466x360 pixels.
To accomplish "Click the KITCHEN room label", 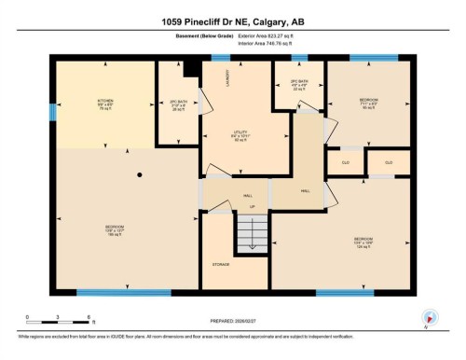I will tap(105, 103).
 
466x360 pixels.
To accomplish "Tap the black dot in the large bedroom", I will tap(139, 174).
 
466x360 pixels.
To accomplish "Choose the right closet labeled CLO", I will tap(388, 162).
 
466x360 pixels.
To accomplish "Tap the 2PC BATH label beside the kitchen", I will tap(177, 104).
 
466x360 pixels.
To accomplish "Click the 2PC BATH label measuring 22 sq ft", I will tap(298, 84).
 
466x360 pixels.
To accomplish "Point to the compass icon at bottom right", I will tap(429, 316).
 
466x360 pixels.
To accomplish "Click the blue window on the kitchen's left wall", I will tap(51, 111).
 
